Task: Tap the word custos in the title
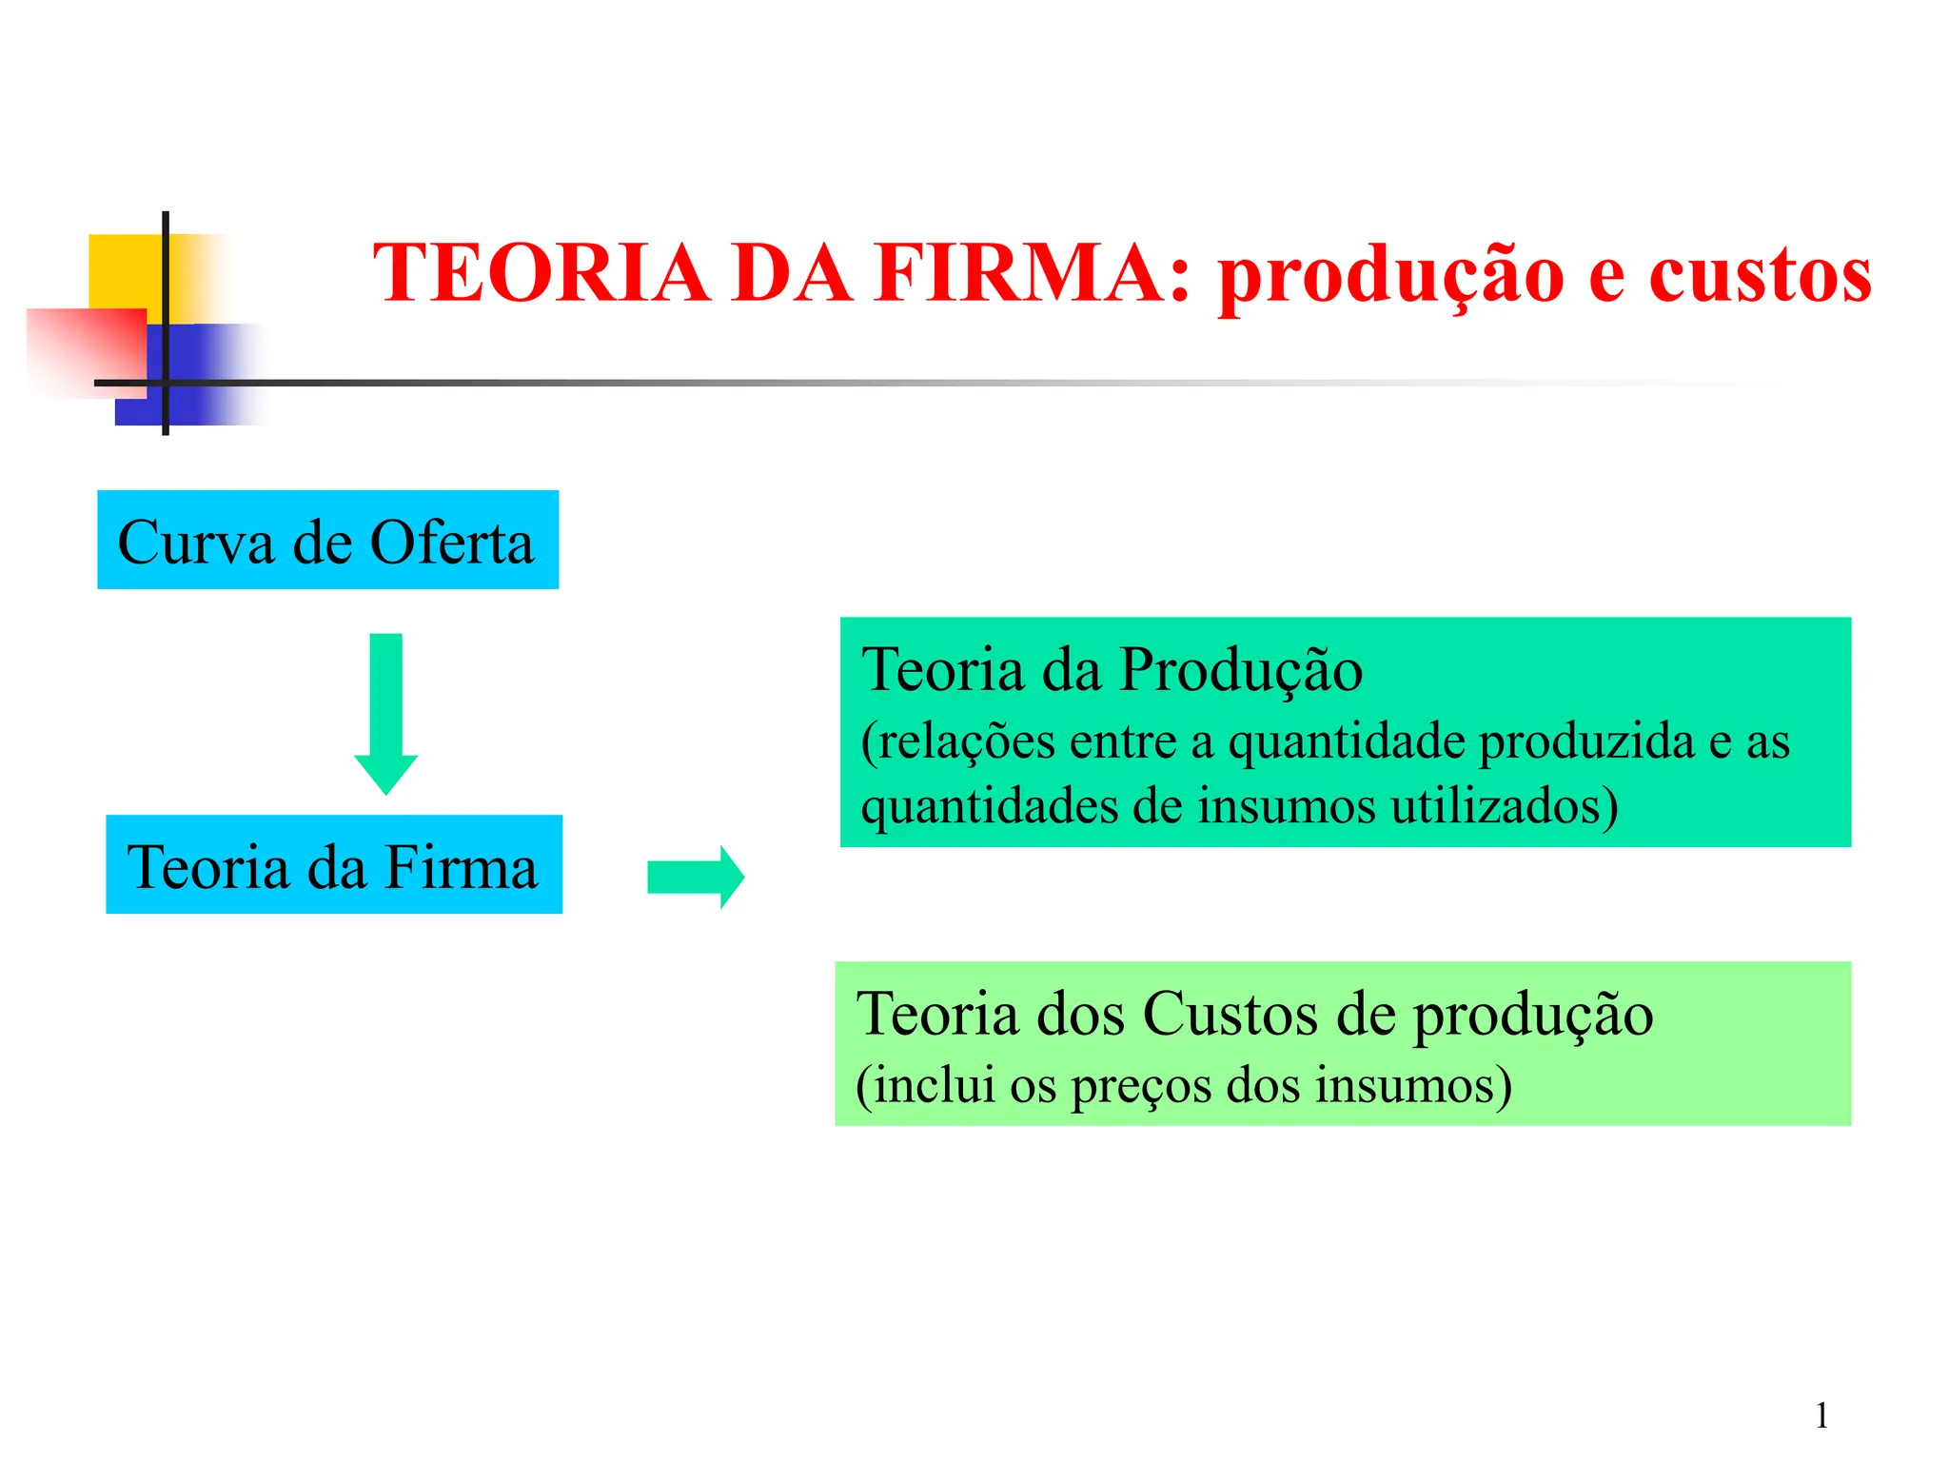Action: point(1760,275)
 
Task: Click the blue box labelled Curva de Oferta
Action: point(327,540)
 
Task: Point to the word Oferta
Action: point(451,543)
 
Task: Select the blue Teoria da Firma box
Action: point(333,864)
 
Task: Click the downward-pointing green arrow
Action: point(385,713)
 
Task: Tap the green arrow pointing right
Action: point(695,877)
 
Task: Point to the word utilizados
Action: point(1504,806)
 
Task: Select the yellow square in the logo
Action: point(124,270)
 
